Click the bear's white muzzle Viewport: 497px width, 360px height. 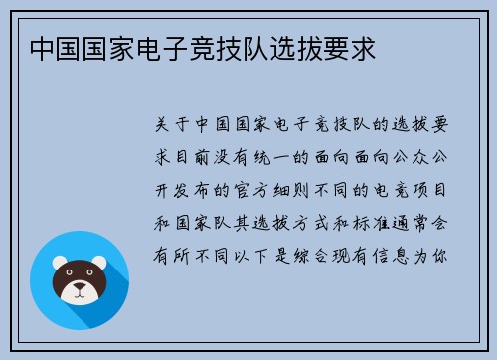(80, 291)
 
